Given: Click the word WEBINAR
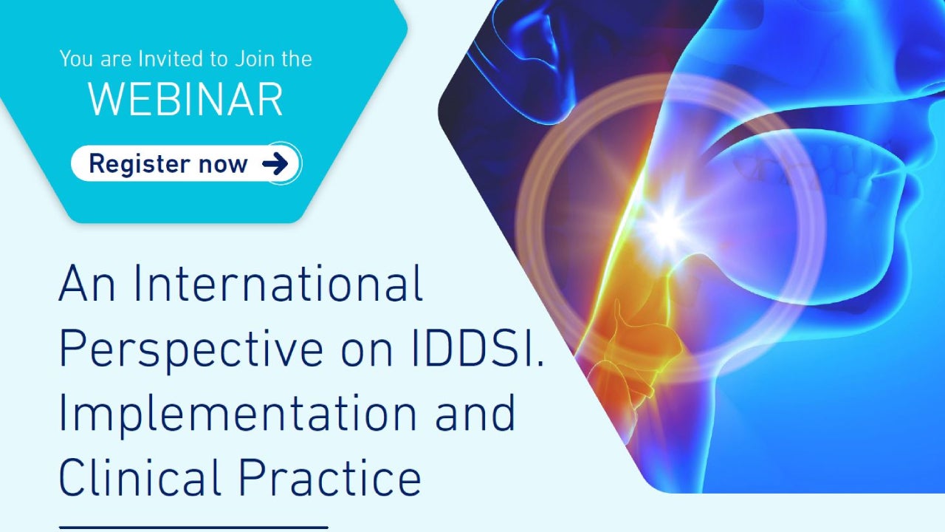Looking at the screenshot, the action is [x=185, y=100].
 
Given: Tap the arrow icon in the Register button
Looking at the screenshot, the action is [x=275, y=164].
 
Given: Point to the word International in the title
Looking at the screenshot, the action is [x=278, y=282].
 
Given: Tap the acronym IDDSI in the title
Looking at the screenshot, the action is [x=473, y=347].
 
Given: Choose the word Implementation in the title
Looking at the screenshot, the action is [x=238, y=414].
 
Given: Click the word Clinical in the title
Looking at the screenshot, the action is [x=140, y=477].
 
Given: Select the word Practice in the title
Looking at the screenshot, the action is [x=330, y=477].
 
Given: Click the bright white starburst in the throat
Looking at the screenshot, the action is [x=667, y=225].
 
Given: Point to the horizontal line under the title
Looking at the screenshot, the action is [x=193, y=528].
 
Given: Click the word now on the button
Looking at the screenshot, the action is [x=223, y=165].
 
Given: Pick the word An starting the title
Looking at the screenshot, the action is [x=87, y=282].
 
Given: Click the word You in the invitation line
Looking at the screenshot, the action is [x=76, y=58].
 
